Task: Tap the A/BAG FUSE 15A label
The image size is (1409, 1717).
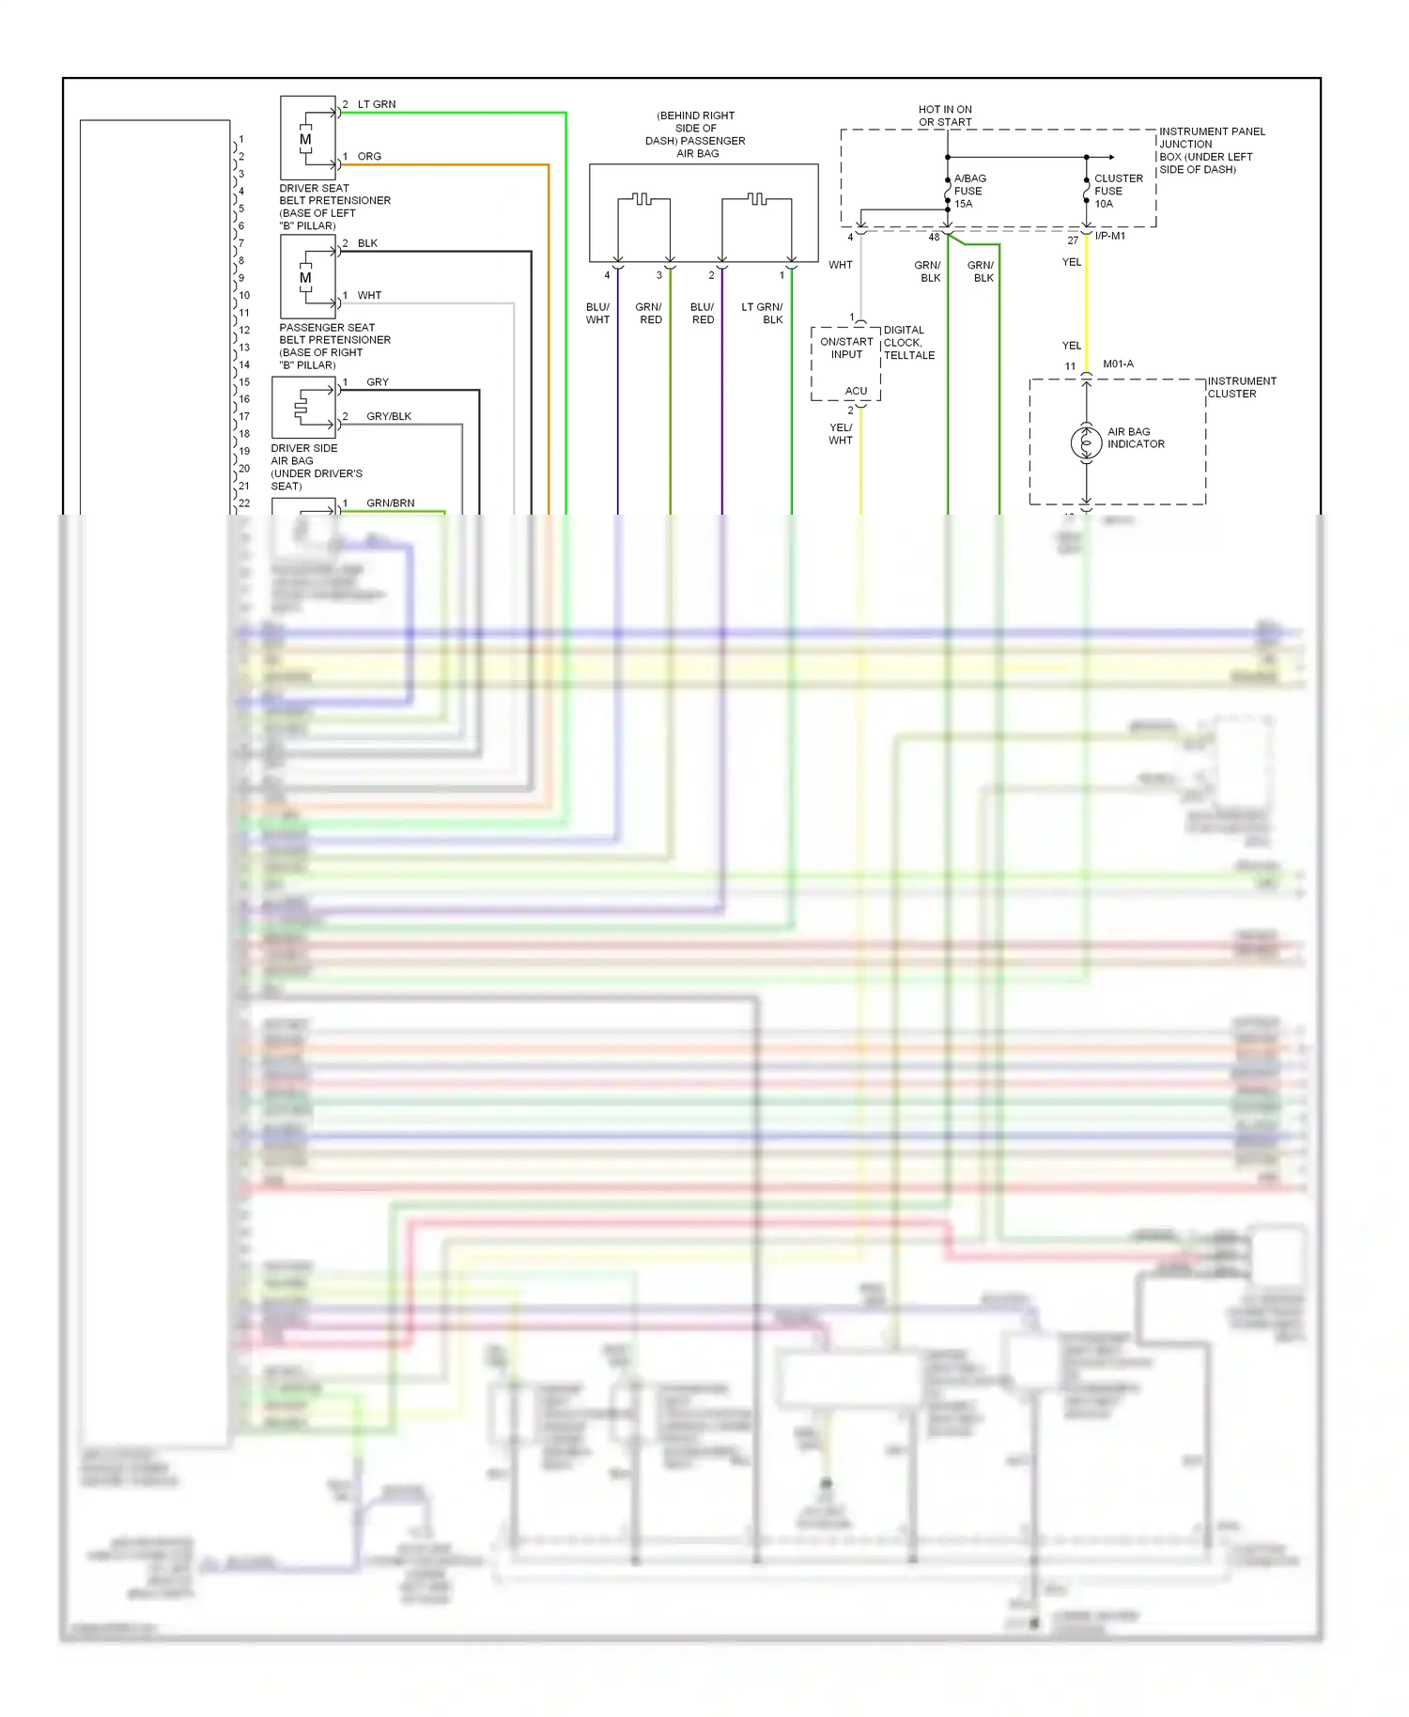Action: point(969,191)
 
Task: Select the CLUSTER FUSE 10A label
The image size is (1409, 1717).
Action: point(1118,191)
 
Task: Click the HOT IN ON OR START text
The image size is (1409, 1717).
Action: point(945,116)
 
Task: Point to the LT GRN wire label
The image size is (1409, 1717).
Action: point(376,104)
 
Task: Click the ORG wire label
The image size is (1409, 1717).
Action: point(369,156)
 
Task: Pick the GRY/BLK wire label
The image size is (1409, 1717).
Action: point(388,416)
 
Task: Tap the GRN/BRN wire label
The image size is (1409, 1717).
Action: point(390,503)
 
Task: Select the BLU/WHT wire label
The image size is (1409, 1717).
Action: point(597,313)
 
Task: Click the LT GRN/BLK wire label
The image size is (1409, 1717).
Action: point(762,313)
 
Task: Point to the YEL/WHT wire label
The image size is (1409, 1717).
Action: point(841,434)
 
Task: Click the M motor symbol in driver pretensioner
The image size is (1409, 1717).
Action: point(305,140)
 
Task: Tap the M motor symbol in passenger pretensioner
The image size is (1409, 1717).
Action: point(305,278)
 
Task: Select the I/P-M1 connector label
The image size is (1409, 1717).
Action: point(1109,236)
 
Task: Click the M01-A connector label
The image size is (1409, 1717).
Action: point(1118,364)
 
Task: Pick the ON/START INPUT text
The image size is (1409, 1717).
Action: point(846,348)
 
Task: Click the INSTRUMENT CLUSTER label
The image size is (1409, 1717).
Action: point(1241,387)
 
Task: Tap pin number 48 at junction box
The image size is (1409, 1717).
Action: point(934,238)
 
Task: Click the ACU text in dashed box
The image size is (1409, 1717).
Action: point(856,391)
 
